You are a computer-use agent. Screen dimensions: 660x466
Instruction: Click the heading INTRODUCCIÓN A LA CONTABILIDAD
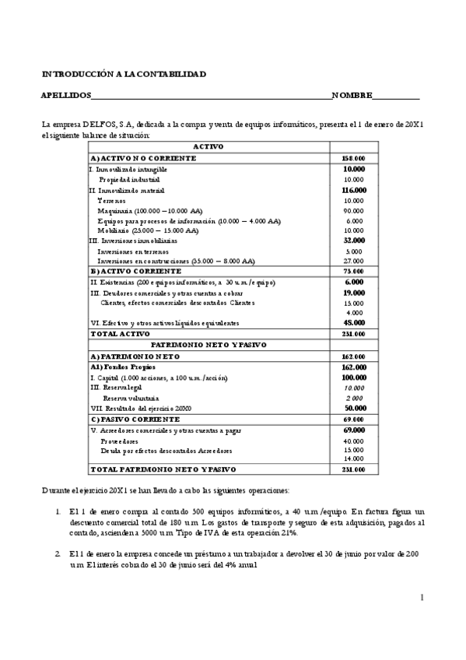(124, 74)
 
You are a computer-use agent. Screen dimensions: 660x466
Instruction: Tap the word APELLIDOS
(65, 96)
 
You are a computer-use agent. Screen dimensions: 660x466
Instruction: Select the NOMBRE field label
(352, 96)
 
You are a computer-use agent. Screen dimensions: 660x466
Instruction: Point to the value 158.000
(354, 158)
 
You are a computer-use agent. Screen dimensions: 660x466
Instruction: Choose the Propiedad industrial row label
(129, 179)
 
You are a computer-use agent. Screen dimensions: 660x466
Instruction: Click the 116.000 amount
(354, 190)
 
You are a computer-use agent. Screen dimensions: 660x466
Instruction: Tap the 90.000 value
(354, 211)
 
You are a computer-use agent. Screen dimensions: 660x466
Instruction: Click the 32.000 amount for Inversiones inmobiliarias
(354, 240)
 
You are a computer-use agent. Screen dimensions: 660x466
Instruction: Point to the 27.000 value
(354, 262)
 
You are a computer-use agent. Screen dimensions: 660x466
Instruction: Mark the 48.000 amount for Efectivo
(354, 322)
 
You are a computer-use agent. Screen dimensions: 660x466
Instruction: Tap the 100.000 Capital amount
(354, 377)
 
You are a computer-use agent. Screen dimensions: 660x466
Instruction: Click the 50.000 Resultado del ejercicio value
(354, 407)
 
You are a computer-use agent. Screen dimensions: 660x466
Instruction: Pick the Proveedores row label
(118, 441)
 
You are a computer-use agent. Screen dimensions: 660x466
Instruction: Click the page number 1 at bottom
(421, 598)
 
